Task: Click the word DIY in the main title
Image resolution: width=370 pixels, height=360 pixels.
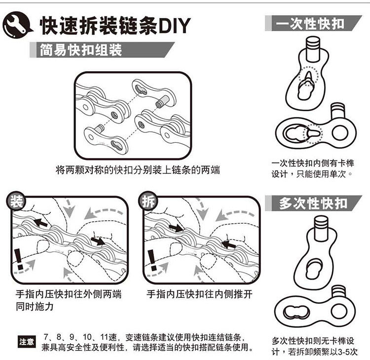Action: click(173, 26)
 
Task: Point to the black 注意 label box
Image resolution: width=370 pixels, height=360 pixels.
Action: click(26, 341)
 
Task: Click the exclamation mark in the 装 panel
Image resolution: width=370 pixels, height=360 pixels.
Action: click(19, 257)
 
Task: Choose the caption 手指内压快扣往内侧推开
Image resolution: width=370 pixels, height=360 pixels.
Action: click(200, 295)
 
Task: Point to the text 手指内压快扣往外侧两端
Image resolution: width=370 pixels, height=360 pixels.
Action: click(69, 295)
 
